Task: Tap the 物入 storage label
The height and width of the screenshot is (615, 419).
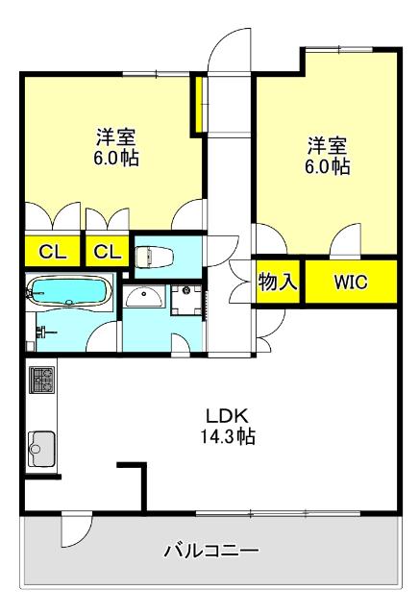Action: [279, 282]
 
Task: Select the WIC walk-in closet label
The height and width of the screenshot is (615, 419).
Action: [350, 282]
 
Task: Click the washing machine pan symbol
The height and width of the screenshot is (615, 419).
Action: [186, 300]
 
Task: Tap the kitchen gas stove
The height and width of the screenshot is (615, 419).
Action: [40, 381]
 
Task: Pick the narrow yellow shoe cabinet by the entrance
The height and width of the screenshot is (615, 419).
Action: [198, 106]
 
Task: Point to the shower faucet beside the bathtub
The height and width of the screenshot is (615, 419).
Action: [42, 332]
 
